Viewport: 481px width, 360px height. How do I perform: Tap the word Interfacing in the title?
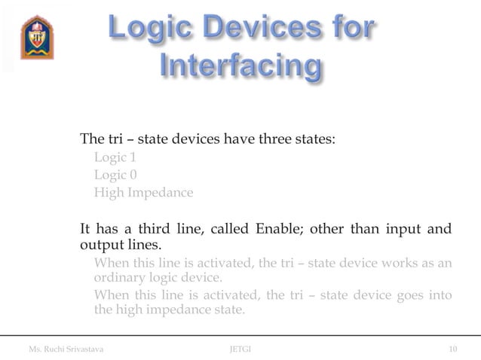coord(240,67)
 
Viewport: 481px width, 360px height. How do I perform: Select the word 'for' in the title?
coord(350,29)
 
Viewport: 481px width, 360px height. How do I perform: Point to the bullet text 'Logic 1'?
coord(115,157)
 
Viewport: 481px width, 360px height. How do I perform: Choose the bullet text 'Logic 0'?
coord(115,175)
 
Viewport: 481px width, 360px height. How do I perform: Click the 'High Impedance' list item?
coord(143,192)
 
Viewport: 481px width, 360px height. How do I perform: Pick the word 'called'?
coord(229,229)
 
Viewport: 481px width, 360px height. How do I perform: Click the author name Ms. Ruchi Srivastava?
coord(66,349)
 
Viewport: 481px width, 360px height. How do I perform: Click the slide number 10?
coord(452,349)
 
